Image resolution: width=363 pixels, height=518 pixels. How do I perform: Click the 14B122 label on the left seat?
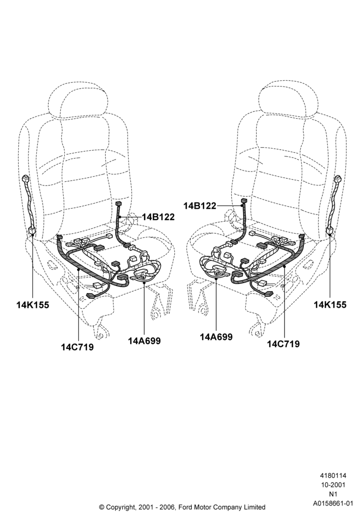pyautogui.click(x=158, y=217)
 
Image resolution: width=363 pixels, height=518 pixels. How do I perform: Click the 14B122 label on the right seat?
pyautogui.click(x=200, y=206)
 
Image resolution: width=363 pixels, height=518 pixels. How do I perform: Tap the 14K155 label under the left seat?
pyautogui.click(x=33, y=305)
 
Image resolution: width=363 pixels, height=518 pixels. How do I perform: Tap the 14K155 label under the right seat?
pyautogui.click(x=330, y=305)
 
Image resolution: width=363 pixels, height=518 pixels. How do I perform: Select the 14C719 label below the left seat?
pyautogui.click(x=77, y=347)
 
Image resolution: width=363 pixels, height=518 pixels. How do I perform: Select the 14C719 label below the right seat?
pyautogui.click(x=283, y=344)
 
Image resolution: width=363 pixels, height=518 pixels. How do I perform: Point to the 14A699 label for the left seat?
pyautogui.click(x=145, y=341)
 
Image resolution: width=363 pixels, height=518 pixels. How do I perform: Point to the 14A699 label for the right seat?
pyautogui.click(x=216, y=337)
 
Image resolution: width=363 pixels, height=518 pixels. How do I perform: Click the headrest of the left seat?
pyautogui.click(x=78, y=98)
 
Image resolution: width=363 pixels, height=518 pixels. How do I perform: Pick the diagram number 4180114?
pyautogui.click(x=333, y=476)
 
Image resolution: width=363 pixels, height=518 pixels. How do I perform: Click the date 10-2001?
pyautogui.click(x=333, y=485)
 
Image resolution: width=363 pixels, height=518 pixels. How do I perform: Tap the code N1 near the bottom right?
pyautogui.click(x=333, y=494)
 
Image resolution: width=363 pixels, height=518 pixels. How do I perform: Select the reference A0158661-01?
pyautogui.click(x=333, y=503)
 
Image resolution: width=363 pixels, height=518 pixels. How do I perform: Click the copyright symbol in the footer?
pyautogui.click(x=102, y=507)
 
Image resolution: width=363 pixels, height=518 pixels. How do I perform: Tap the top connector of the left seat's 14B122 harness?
pyautogui.click(x=119, y=203)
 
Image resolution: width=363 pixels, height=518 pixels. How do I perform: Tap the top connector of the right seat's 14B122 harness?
pyautogui.click(x=244, y=200)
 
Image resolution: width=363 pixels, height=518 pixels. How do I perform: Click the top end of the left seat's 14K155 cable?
pyautogui.click(x=25, y=179)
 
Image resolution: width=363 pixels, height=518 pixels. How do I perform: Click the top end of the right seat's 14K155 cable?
pyautogui.click(x=338, y=179)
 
